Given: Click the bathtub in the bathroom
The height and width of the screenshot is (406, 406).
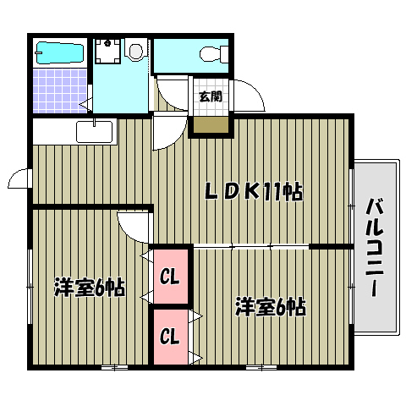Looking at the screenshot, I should [59, 52].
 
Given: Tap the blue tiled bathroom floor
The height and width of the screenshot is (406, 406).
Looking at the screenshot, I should [61, 91].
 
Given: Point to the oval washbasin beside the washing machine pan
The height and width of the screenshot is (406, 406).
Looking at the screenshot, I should [135, 52].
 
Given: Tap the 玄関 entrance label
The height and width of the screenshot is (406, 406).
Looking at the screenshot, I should [211, 96].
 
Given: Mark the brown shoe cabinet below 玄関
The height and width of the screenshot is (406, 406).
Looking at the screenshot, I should [211, 123].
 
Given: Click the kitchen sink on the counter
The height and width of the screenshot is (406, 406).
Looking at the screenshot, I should [94, 132].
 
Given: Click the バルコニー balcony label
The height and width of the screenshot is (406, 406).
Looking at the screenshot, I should [372, 245].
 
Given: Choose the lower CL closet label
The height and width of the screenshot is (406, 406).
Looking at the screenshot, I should [168, 337].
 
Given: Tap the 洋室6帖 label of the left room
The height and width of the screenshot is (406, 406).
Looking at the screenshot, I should [90, 288].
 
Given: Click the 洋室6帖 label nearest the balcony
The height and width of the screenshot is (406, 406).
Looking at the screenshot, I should [270, 306].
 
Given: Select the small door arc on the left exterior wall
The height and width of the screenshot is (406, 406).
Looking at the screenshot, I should [19, 178].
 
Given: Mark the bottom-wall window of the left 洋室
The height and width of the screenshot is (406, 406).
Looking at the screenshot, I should [114, 367].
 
